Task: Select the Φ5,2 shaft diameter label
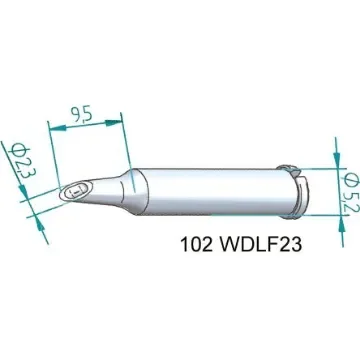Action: [345, 183]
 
